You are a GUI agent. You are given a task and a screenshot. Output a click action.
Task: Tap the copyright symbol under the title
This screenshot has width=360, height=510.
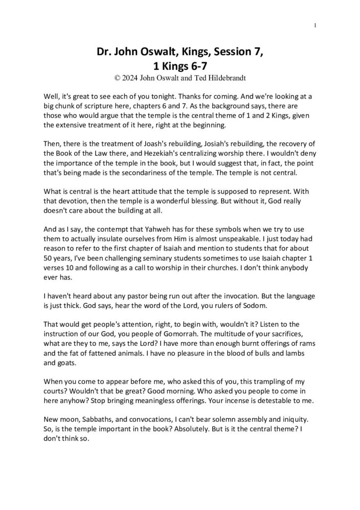pyautogui.click(x=117, y=77)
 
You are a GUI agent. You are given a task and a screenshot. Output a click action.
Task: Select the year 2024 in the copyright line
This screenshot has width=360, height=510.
pyautogui.click(x=131, y=77)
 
